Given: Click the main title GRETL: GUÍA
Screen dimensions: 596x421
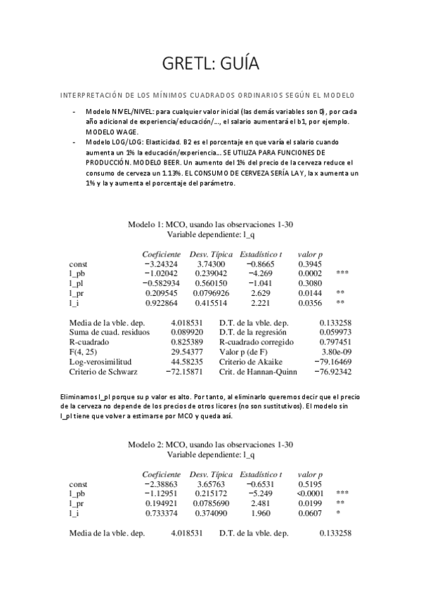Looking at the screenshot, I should (210, 65).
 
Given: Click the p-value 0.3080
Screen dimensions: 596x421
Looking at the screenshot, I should (310, 283).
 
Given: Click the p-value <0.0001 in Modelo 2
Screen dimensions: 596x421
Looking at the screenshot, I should (310, 494).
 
